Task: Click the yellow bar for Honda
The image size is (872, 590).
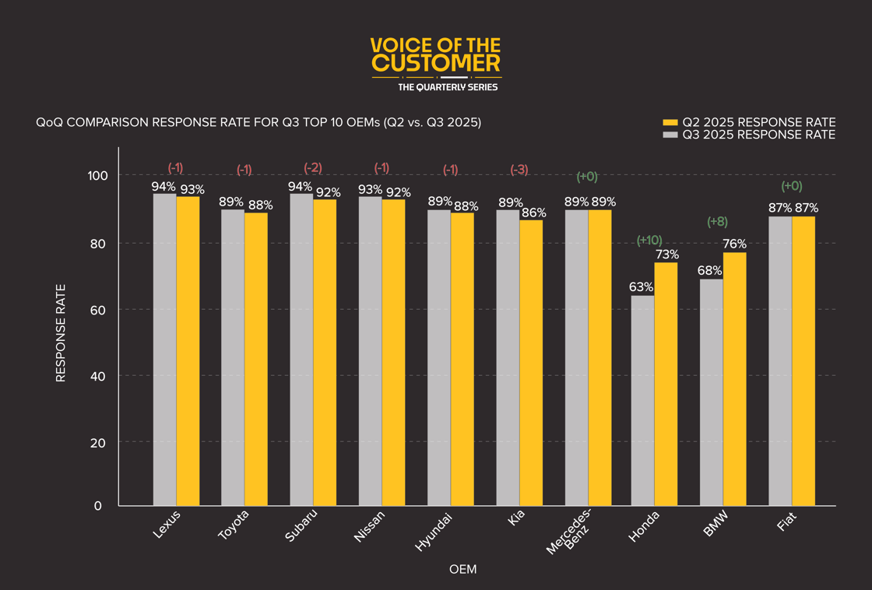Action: coord(666,384)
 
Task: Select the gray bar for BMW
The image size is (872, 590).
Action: coord(712,392)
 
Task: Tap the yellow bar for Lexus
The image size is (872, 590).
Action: coord(188,351)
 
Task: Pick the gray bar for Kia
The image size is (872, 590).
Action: coord(508,357)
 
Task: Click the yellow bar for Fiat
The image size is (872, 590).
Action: coord(803,361)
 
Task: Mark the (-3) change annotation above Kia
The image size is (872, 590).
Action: coord(519,170)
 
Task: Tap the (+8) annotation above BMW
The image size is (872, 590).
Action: coord(717,222)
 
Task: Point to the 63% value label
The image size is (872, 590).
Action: coord(641,286)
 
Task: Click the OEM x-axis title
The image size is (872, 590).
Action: coord(463,570)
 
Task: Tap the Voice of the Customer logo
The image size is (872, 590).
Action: coord(436,64)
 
